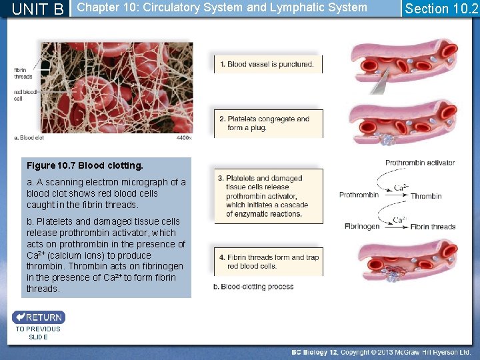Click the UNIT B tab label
[x=38, y=9]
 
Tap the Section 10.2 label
[x=441, y=9]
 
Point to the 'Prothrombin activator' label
[x=420, y=163]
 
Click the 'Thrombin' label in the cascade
[x=426, y=196]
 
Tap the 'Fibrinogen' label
[x=362, y=227]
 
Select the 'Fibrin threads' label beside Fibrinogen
[x=433, y=227]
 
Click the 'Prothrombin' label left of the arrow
[x=359, y=195]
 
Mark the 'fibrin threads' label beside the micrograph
[x=23, y=73]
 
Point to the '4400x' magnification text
[x=184, y=139]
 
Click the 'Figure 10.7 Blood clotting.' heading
[x=85, y=165]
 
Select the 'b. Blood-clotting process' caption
[x=253, y=287]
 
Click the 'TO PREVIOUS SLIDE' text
[x=38, y=333]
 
